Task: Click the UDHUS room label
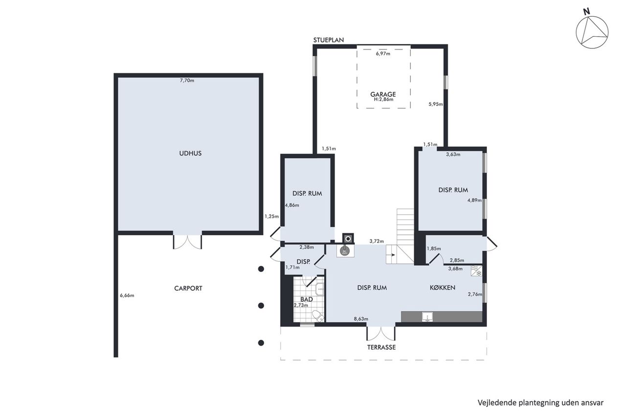(190, 154)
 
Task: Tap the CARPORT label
(188, 288)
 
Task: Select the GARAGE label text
(383, 94)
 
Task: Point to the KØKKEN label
(443, 287)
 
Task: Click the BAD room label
(307, 299)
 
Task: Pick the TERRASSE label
(381, 347)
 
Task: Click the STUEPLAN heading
(328, 40)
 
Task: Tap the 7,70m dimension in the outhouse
(187, 81)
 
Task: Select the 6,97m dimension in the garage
(383, 54)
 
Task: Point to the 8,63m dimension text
(361, 319)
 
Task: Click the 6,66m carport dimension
(127, 295)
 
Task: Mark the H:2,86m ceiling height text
(383, 99)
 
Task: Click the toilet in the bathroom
(318, 316)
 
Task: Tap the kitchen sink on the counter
(427, 317)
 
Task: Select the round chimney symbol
(348, 239)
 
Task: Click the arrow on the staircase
(392, 255)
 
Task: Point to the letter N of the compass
(586, 12)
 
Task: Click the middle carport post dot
(261, 306)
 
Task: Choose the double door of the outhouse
(187, 242)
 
